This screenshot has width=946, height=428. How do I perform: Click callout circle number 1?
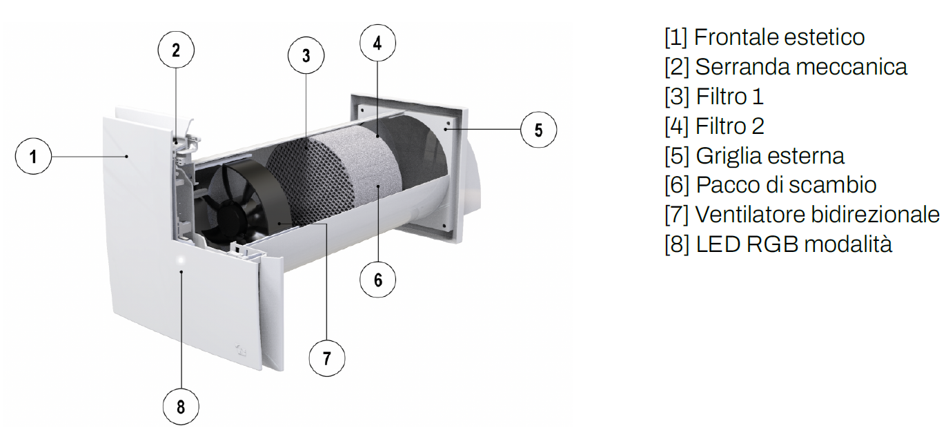[x=33, y=156]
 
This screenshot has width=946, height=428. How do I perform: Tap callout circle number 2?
[x=176, y=50]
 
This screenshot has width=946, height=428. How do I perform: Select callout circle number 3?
[x=306, y=55]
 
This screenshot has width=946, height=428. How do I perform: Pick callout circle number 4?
[x=377, y=43]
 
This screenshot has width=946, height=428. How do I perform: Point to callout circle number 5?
[x=538, y=130]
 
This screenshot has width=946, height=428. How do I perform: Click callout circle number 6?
[x=378, y=280]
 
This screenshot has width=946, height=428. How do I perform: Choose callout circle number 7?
[x=327, y=358]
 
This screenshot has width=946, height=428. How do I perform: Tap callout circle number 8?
[x=181, y=407]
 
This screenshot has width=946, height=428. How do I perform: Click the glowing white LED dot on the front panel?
[x=181, y=260]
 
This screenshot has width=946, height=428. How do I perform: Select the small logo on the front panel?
[x=242, y=349]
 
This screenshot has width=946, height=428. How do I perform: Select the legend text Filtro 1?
[x=730, y=97]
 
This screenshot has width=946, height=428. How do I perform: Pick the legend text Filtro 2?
[x=730, y=126]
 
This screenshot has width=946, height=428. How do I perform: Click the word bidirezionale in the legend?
[x=876, y=215]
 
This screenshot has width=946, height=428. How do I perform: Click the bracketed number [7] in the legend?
[x=677, y=215]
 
